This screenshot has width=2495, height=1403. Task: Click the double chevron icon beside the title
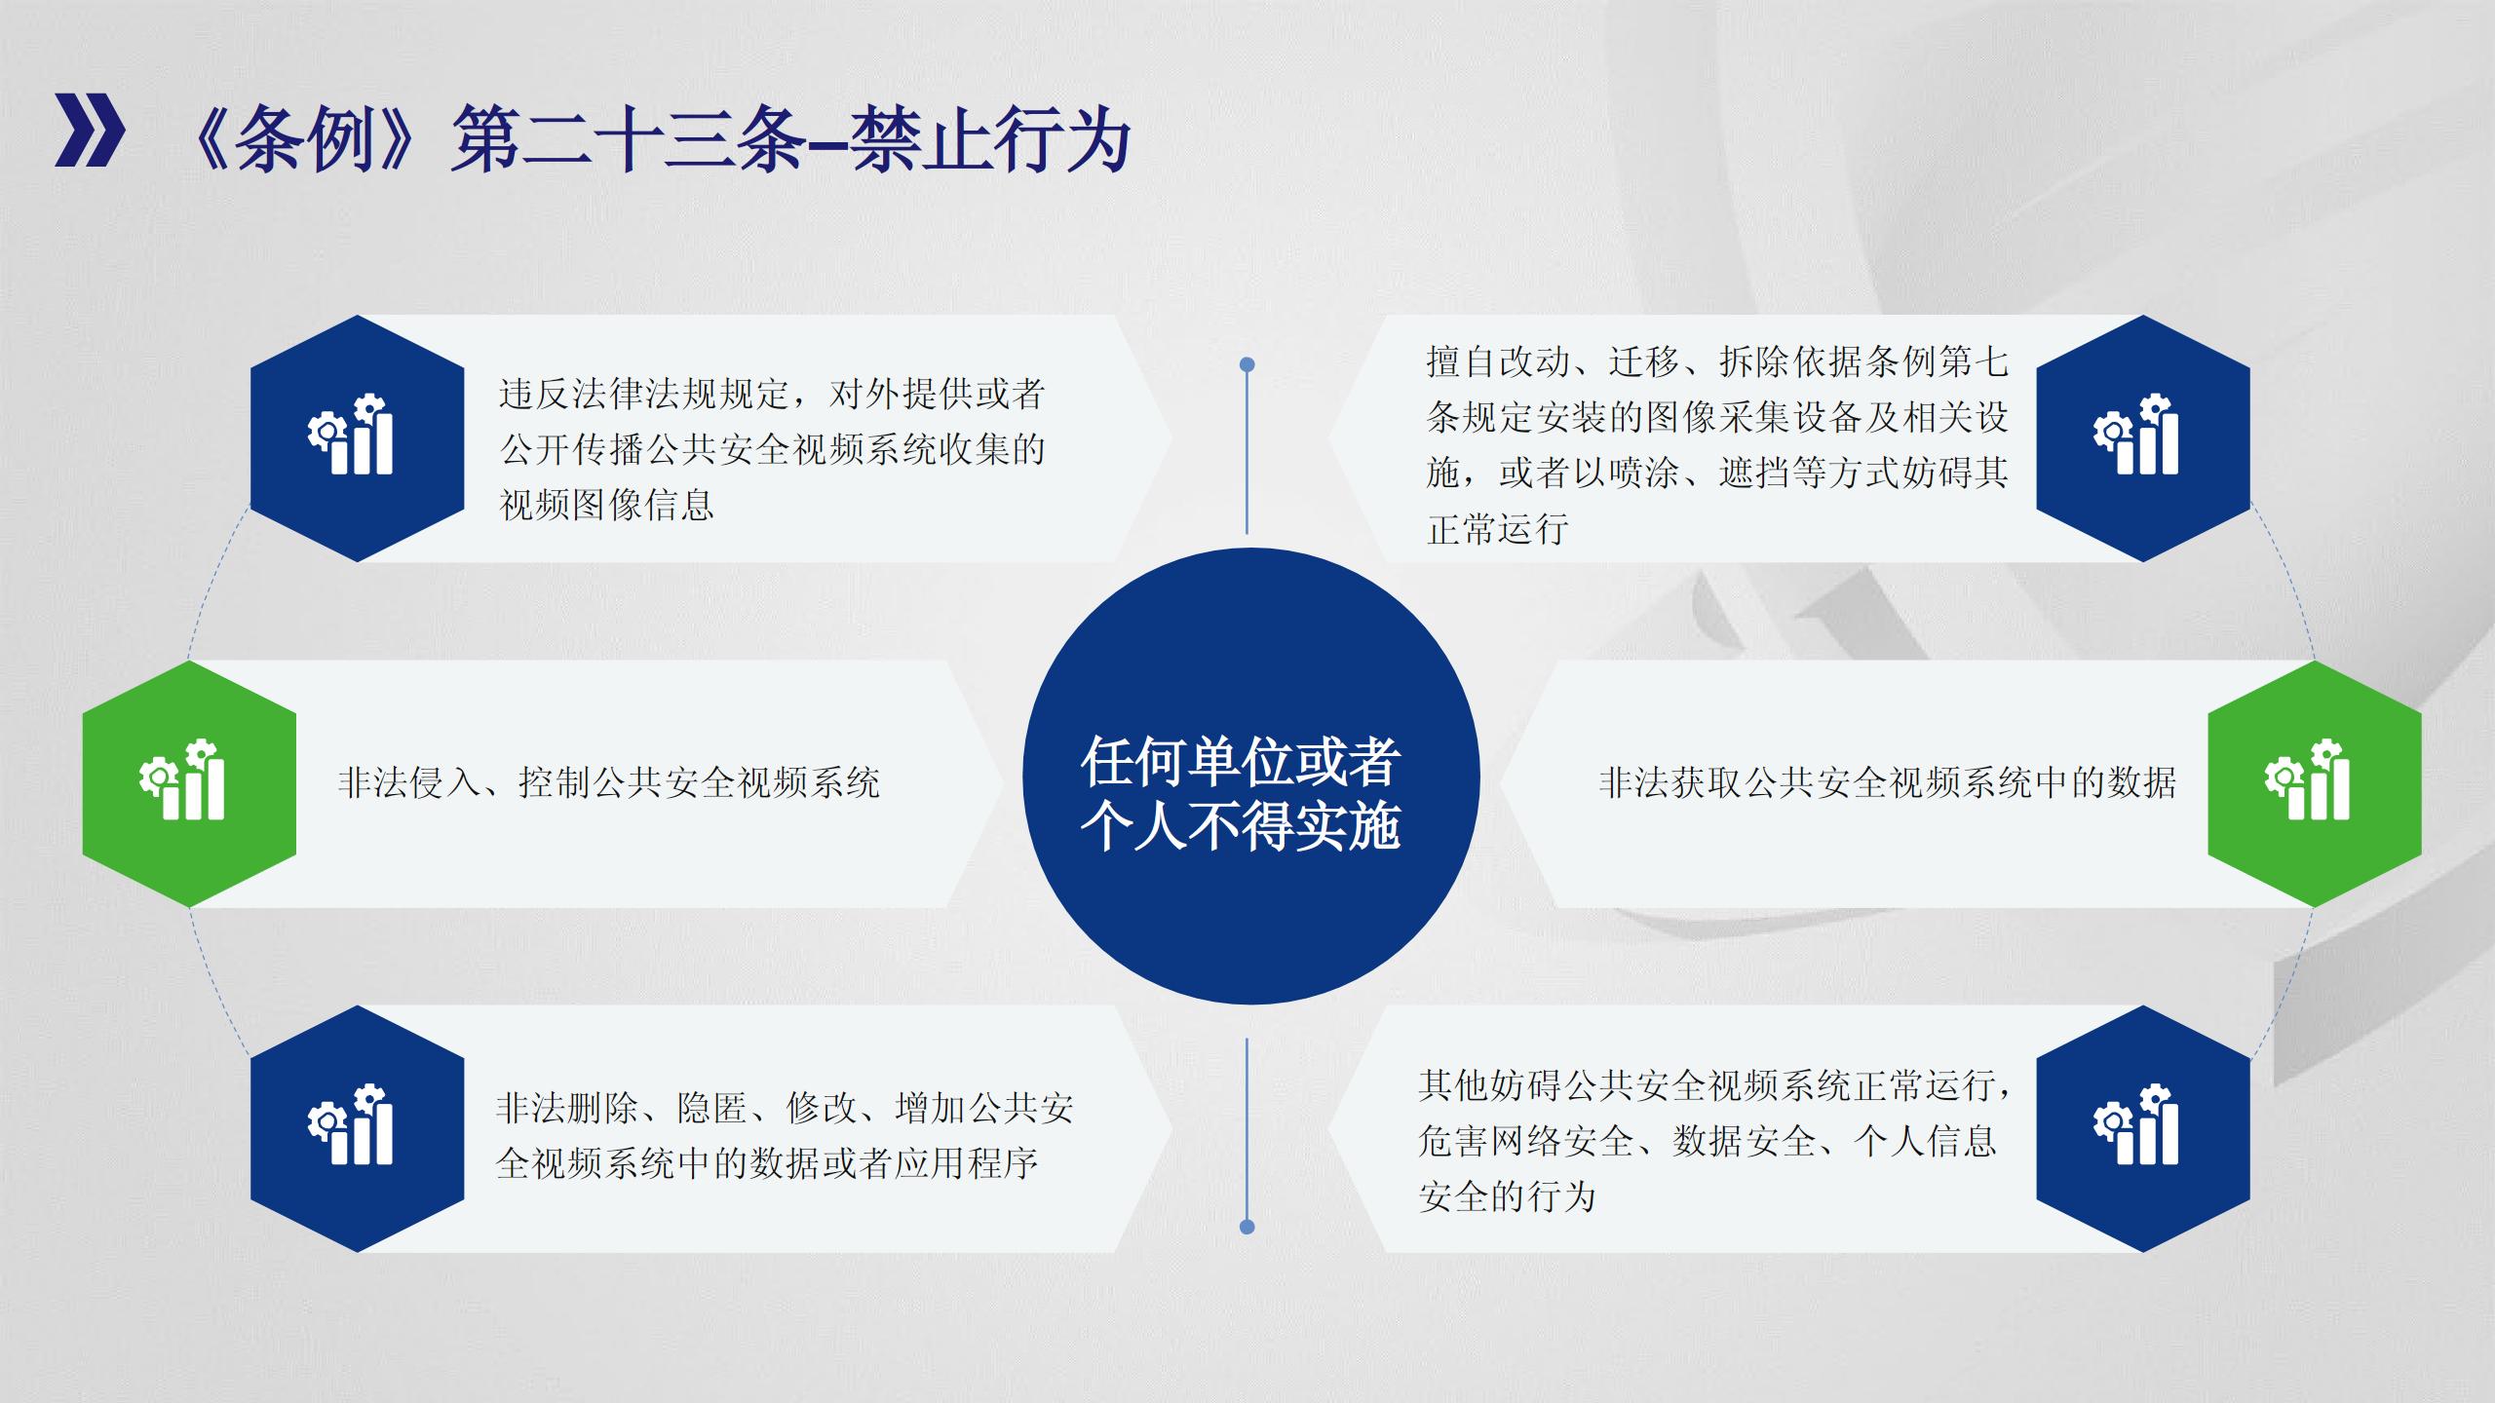click(x=90, y=131)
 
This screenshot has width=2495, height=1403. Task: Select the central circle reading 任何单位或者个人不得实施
click(x=1250, y=776)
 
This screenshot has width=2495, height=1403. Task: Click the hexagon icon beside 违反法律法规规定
click(x=357, y=438)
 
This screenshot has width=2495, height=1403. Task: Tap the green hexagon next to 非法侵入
click(x=189, y=783)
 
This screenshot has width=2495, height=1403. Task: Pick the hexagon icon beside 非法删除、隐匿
click(x=357, y=1128)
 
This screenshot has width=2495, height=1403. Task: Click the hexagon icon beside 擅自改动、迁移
click(x=2143, y=438)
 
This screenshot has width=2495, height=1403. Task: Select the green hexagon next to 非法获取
click(x=2315, y=783)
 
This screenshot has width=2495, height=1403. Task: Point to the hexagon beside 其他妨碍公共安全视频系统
click(x=2143, y=1128)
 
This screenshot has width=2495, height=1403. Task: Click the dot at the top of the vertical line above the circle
click(x=1247, y=364)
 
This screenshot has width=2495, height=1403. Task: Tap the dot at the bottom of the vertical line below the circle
click(x=1247, y=1227)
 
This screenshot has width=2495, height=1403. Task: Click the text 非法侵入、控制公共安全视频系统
click(x=609, y=782)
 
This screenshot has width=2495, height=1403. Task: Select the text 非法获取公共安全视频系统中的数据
click(x=1888, y=782)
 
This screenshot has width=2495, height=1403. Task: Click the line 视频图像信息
click(x=607, y=505)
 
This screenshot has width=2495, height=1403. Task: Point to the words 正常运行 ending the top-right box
click(x=1498, y=529)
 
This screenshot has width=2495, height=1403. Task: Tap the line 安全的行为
click(x=1507, y=1196)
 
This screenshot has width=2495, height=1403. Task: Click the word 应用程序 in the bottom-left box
click(x=967, y=1162)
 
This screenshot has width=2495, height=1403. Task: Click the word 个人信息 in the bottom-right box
click(x=1926, y=1141)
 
